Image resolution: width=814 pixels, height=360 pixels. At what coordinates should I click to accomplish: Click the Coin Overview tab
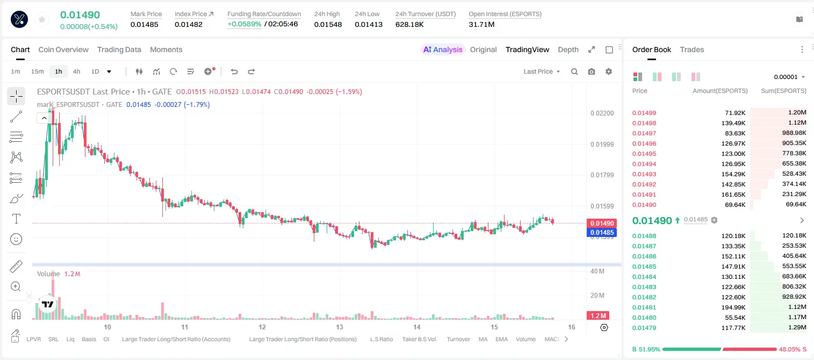[x=63, y=49]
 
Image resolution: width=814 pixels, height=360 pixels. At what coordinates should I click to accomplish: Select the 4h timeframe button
[x=76, y=71]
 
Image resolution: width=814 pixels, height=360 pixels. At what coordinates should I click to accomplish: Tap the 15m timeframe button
[x=37, y=71]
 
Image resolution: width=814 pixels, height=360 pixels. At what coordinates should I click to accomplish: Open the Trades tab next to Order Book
[x=692, y=49]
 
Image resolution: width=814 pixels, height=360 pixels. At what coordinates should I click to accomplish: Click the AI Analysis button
[x=443, y=49]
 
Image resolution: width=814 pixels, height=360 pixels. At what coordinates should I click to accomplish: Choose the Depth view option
[x=568, y=49]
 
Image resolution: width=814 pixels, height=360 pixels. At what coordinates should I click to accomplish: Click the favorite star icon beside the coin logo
[x=42, y=19]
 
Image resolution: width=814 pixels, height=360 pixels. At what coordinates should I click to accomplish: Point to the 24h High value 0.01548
[x=328, y=24]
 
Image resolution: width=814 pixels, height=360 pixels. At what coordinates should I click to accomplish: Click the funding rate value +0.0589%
[x=244, y=24]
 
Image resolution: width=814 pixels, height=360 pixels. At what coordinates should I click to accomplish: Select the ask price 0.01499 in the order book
[x=644, y=113]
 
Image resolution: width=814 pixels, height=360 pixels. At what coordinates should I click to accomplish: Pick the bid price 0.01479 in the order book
[x=644, y=328]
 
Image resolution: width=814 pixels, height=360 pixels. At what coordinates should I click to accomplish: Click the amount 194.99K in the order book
[x=733, y=307]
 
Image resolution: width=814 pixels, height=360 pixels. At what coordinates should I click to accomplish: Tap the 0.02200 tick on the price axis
[x=602, y=113]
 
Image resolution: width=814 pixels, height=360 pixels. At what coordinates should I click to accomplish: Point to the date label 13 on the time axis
[x=340, y=327]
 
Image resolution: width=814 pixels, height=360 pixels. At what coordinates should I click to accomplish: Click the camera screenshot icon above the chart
[x=592, y=71]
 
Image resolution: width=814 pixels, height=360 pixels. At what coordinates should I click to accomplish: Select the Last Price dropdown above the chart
[x=542, y=71]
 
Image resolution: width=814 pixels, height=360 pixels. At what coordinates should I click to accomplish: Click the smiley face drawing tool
[x=16, y=239]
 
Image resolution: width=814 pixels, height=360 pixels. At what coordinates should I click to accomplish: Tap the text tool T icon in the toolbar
[x=16, y=219]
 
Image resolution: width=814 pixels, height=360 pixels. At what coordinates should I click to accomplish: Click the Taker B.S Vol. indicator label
[x=419, y=339]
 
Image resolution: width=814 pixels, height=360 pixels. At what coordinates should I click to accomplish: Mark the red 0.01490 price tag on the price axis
[x=602, y=223]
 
